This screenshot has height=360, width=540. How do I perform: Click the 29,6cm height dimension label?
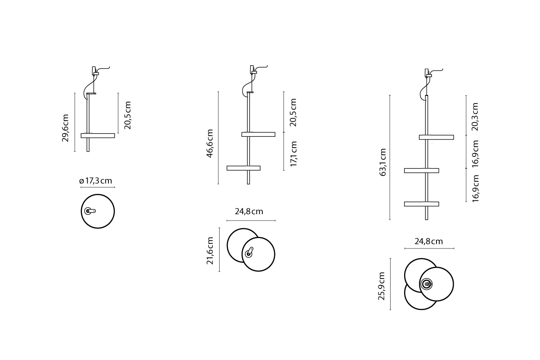click(x=65, y=128)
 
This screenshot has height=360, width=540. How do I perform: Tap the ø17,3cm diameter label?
click(x=96, y=180)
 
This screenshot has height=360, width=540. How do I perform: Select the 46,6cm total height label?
click(x=210, y=144)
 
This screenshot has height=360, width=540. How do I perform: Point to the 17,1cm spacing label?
click(x=293, y=154)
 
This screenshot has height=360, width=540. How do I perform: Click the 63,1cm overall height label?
click(x=382, y=162)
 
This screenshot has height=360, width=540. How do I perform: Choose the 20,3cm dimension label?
click(x=475, y=117)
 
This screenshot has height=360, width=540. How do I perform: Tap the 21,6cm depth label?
click(x=210, y=251)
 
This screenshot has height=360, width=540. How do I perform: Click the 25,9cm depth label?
click(x=381, y=286)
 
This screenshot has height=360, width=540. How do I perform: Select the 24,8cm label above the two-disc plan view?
click(x=249, y=211)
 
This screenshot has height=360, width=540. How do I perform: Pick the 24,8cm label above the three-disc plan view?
click(x=428, y=241)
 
